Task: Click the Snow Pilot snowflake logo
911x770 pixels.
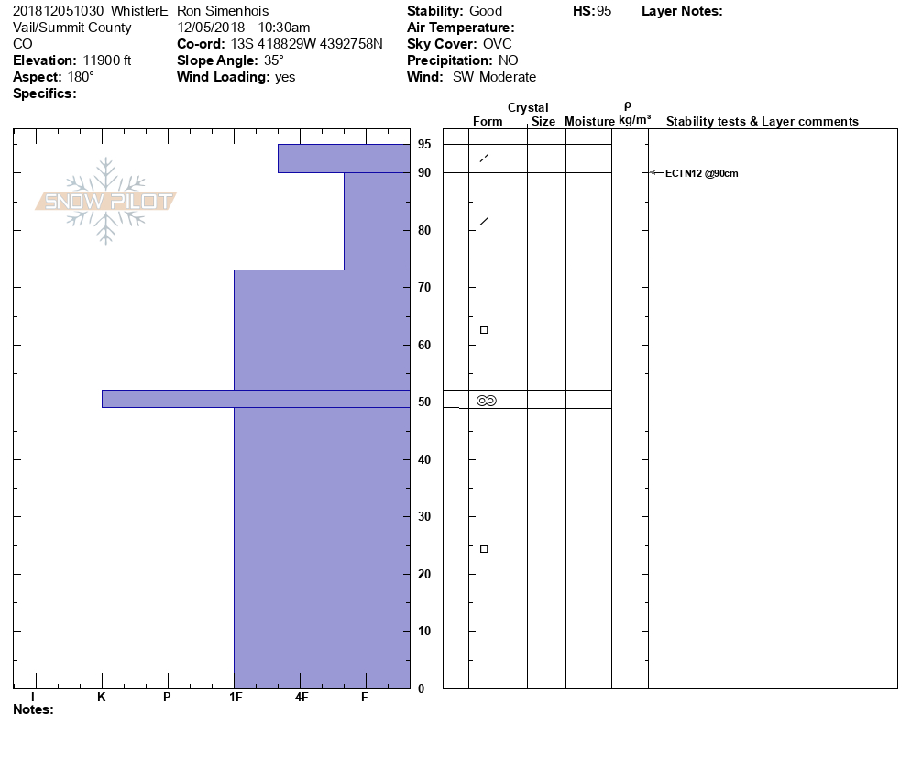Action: coord(106,201)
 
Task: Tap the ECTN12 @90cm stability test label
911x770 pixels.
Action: coord(701,173)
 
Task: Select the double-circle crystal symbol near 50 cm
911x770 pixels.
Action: coord(486,401)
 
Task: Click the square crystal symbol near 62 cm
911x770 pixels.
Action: coord(484,330)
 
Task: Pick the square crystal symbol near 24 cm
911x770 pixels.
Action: coord(484,549)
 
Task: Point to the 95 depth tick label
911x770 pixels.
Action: coord(424,145)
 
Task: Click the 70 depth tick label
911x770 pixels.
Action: coord(424,288)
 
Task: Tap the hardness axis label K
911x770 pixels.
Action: coord(102,698)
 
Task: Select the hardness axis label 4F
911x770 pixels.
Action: coord(302,698)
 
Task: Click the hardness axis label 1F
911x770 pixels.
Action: coord(235,698)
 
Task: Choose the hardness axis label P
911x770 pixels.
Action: coord(167,698)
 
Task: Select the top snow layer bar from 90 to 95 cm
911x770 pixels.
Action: coord(344,159)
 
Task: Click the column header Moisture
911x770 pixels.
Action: coord(589,122)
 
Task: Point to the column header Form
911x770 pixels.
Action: coord(488,122)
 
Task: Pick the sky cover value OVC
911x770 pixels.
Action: coord(498,44)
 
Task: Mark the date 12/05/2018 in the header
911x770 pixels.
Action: coord(212,27)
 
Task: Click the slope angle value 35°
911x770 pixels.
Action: coord(274,60)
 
